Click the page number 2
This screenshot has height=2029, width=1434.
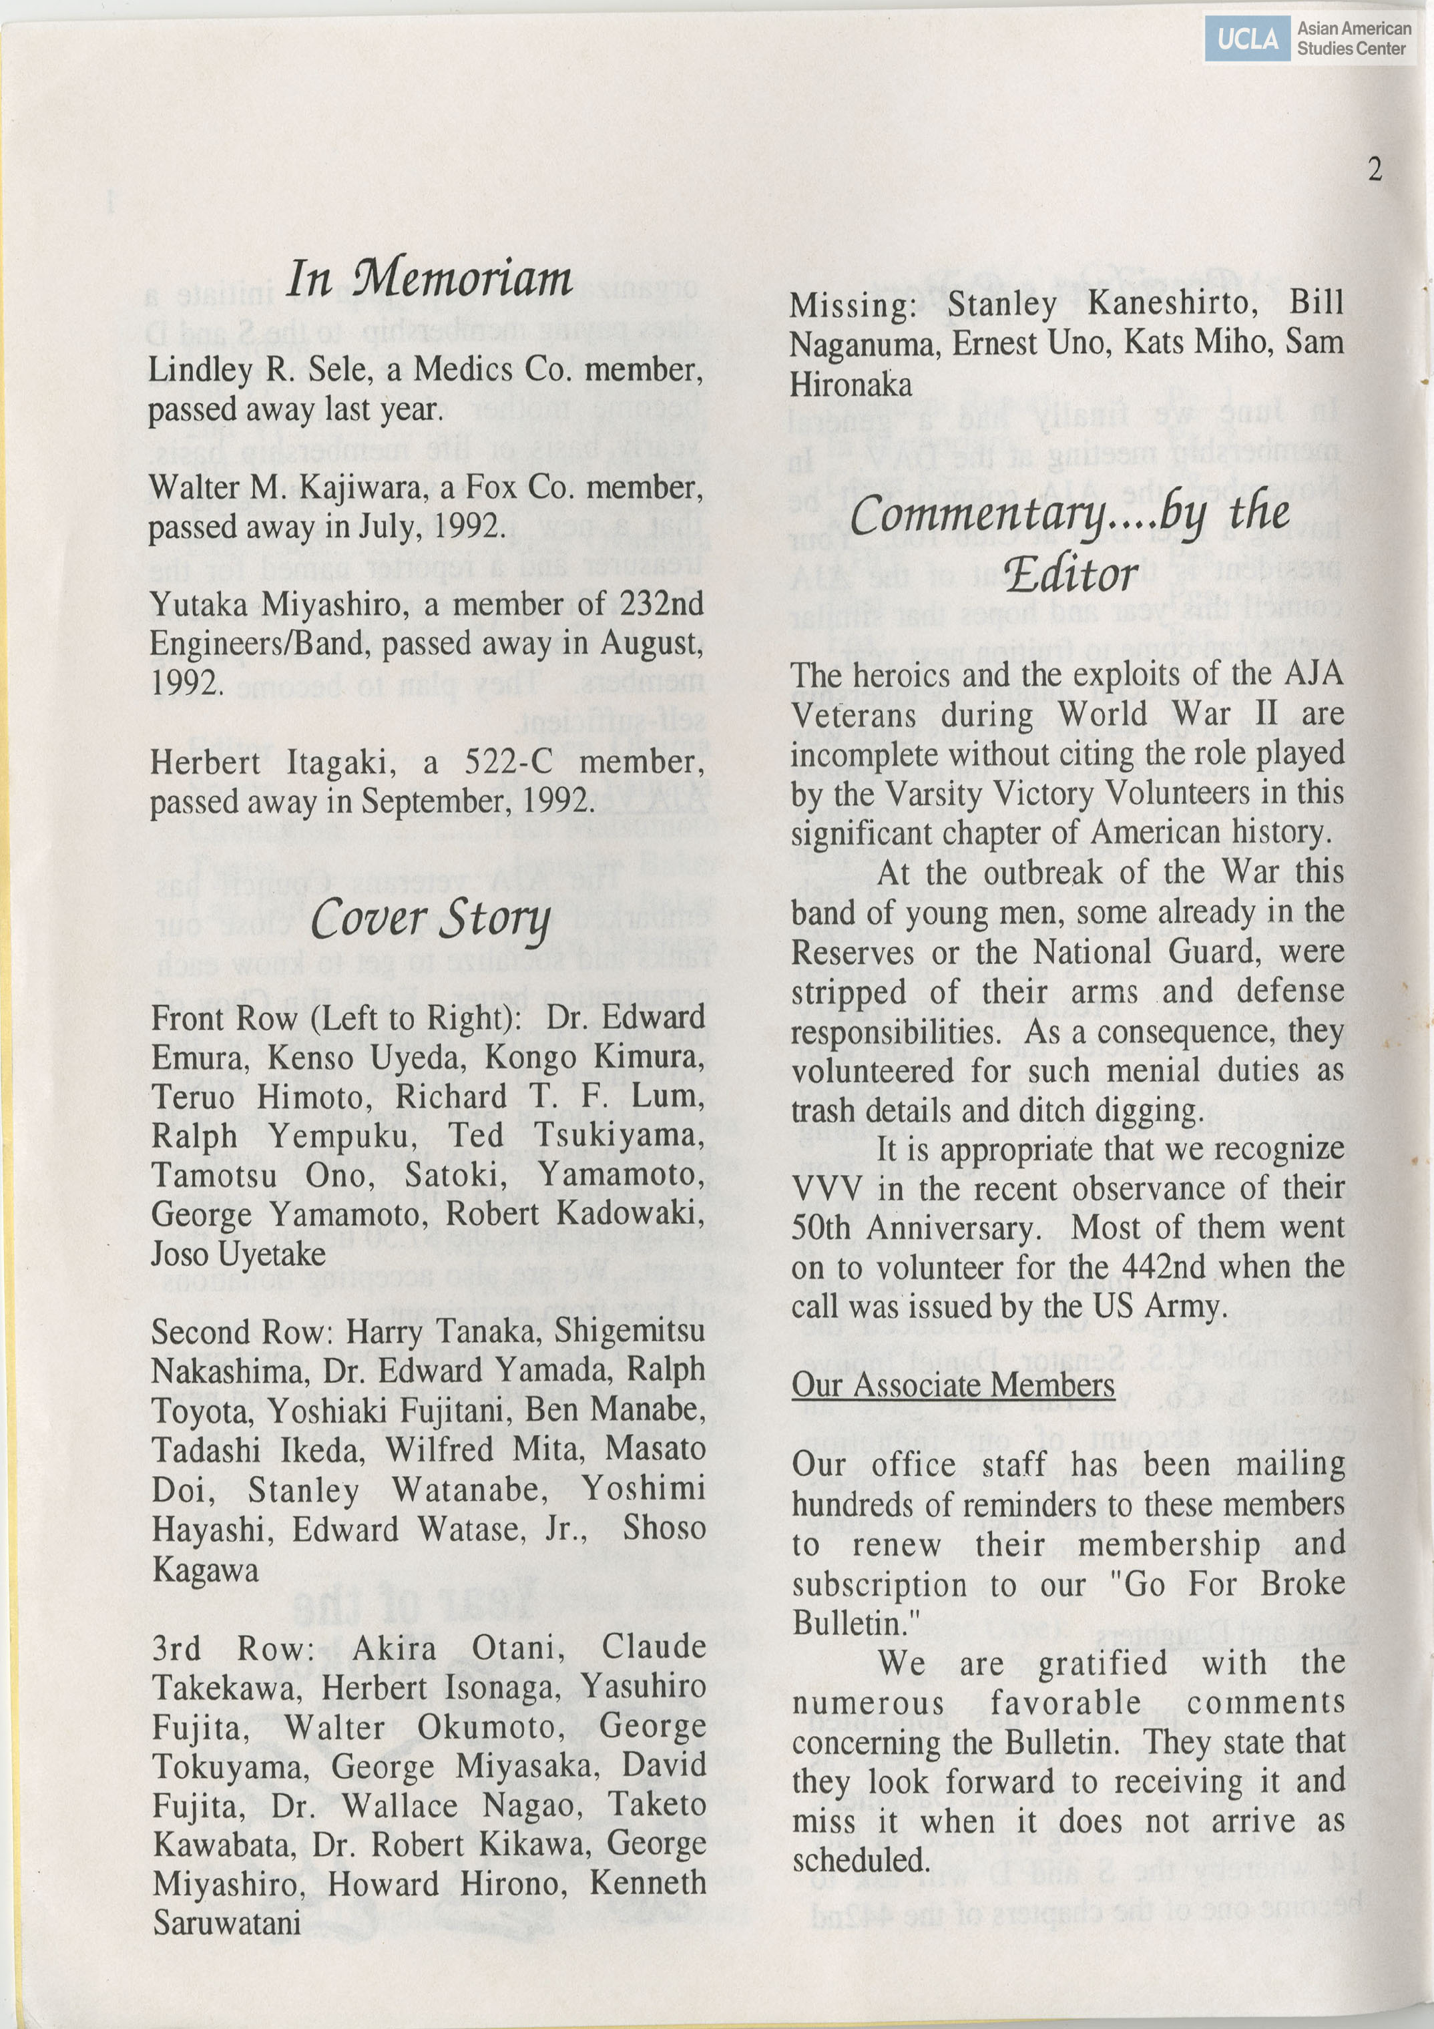[1374, 169]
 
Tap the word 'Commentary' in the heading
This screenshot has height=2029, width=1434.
[979, 516]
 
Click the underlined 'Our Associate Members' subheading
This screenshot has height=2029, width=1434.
[953, 1385]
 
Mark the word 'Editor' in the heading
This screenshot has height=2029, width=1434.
[1071, 576]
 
